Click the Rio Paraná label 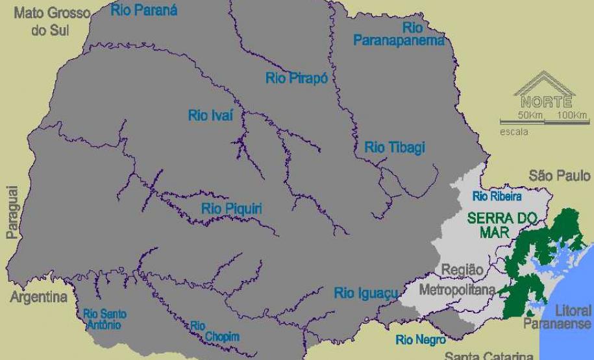[144, 10]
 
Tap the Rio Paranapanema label [399, 34]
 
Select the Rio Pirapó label [296, 78]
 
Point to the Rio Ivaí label [210, 115]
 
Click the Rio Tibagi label [395, 147]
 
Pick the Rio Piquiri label [232, 208]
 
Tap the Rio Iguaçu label [365, 293]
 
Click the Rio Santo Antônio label [105, 319]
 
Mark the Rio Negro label [421, 339]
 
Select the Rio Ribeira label [497, 196]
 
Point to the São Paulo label [560, 175]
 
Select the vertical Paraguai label [12, 213]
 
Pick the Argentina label [38, 298]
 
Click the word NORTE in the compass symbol [546, 102]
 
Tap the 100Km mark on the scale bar [571, 115]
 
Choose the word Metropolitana [457, 289]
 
